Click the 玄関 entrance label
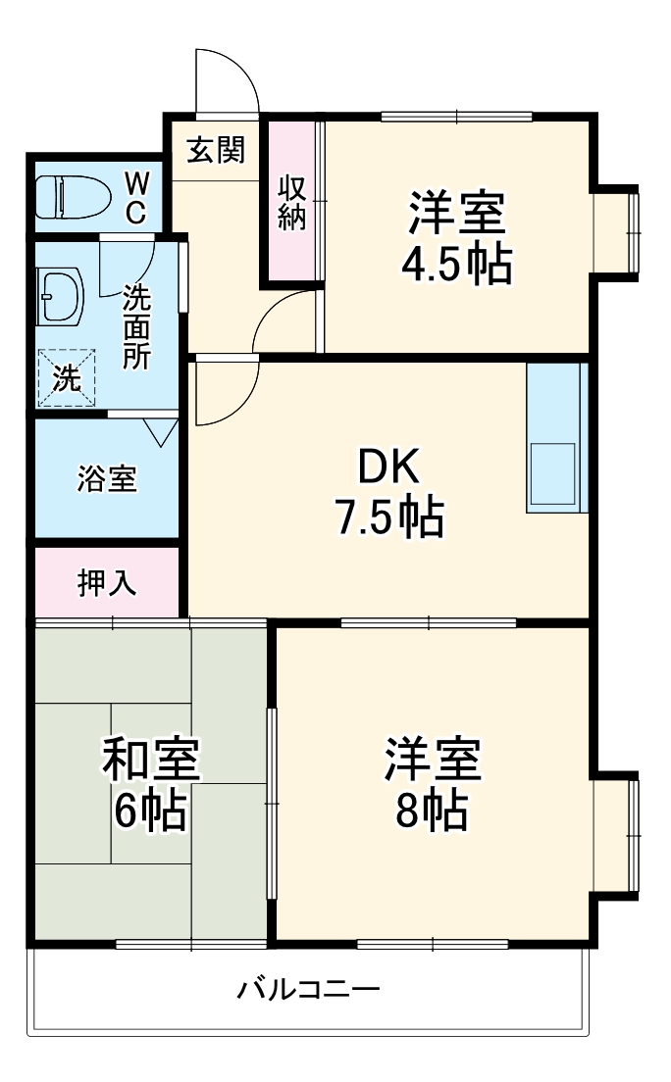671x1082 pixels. click(216, 150)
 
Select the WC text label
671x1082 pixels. click(137, 196)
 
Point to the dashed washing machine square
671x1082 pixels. click(68, 378)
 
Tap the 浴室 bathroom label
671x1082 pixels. click(107, 479)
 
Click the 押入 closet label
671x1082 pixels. click(107, 583)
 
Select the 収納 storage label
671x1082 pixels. click(291, 203)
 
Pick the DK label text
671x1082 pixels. click(388, 468)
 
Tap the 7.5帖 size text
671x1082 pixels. click(389, 517)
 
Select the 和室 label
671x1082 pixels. click(151, 761)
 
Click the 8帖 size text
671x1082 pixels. click(432, 810)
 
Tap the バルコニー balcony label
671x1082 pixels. click(308, 988)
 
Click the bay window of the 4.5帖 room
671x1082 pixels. click(617, 231)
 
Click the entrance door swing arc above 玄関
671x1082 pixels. click(228, 78)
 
